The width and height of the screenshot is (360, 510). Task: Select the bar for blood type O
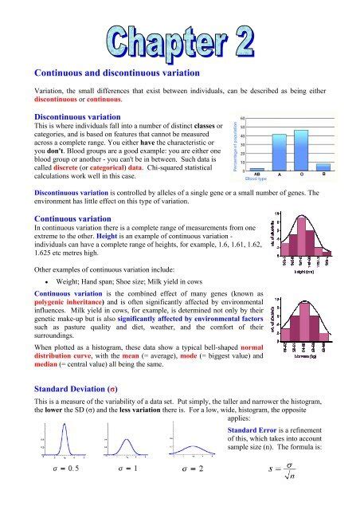(301, 150)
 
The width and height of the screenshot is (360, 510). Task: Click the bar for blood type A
(279, 152)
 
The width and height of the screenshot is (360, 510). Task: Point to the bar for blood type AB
(256, 169)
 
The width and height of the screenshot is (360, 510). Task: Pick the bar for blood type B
(323, 167)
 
